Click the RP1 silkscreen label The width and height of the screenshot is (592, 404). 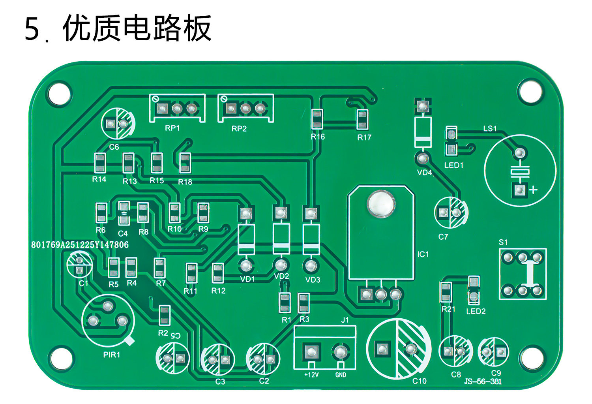pos(172,128)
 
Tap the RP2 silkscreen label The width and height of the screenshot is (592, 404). pos(239,129)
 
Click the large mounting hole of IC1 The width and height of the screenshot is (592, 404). pos(381,204)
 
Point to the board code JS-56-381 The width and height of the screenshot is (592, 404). pos(483,382)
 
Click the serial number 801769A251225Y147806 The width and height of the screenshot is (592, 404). pos(80,245)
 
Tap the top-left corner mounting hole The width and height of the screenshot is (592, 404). pos(59,93)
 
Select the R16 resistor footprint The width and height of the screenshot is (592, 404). pos(317,119)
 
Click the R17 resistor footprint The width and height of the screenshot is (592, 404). pos(363,120)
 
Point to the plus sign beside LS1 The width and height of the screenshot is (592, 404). pos(534,190)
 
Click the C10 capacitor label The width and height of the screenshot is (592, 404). pos(419,381)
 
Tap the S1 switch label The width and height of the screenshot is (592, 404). pos(503,242)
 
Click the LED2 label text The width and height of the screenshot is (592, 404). pos(476,311)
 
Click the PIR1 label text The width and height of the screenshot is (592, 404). pos(112,355)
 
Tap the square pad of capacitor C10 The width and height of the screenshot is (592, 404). pos(382,349)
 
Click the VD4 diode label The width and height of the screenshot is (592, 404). pos(424,173)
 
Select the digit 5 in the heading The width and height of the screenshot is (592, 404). pos(32,29)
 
